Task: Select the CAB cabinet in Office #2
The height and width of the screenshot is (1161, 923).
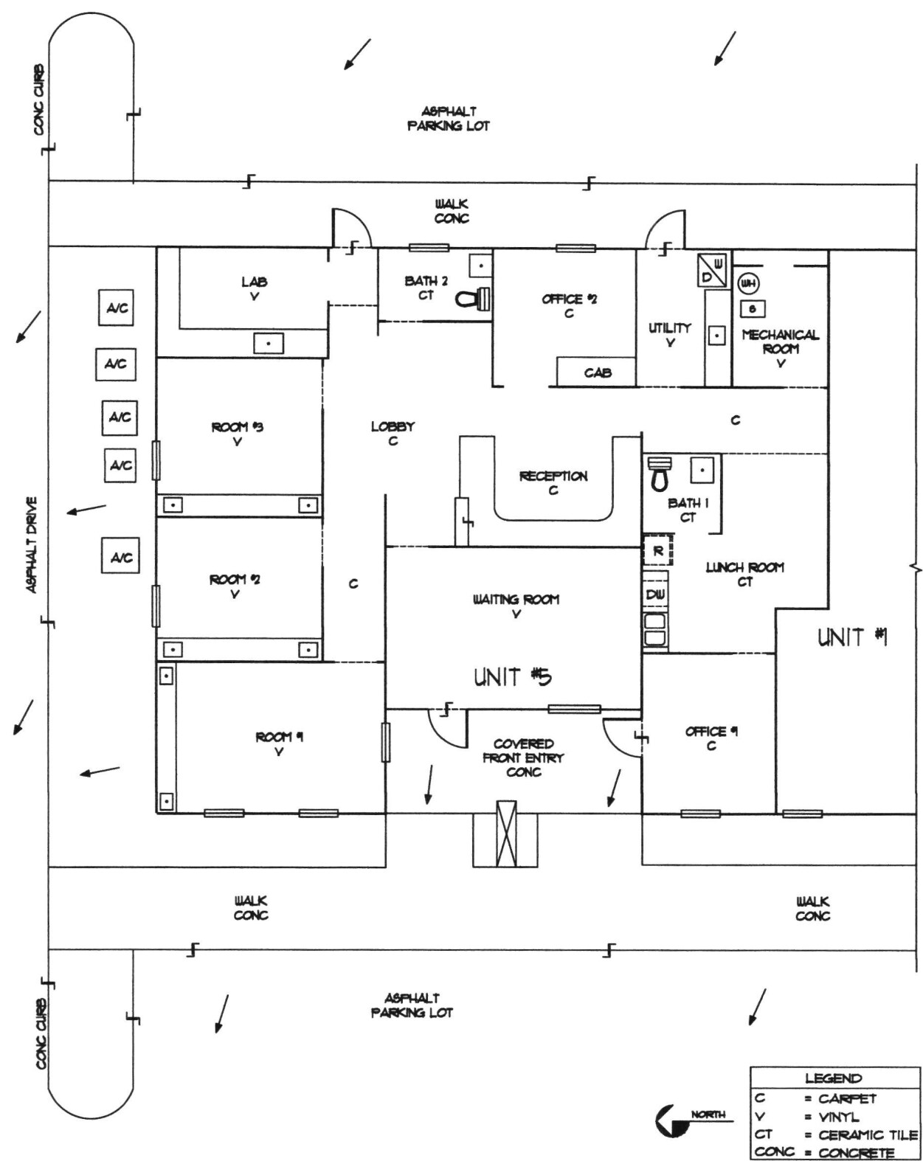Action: [597, 372]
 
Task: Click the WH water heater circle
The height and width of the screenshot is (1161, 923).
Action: [748, 283]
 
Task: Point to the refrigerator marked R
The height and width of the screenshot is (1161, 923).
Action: [657, 551]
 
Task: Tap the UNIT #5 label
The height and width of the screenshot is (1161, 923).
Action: [512, 676]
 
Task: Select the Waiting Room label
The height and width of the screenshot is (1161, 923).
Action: [516, 600]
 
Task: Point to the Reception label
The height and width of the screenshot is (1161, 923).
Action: [553, 476]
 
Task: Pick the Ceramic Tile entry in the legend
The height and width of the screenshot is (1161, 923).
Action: [860, 1135]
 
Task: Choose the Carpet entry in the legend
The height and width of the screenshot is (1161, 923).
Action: [846, 1098]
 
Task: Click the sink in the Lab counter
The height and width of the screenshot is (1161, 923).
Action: [269, 343]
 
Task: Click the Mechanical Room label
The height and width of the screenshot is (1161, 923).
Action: [780, 342]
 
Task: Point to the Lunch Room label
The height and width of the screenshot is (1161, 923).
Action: [744, 567]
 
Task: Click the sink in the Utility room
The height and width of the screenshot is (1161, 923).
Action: [716, 336]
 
